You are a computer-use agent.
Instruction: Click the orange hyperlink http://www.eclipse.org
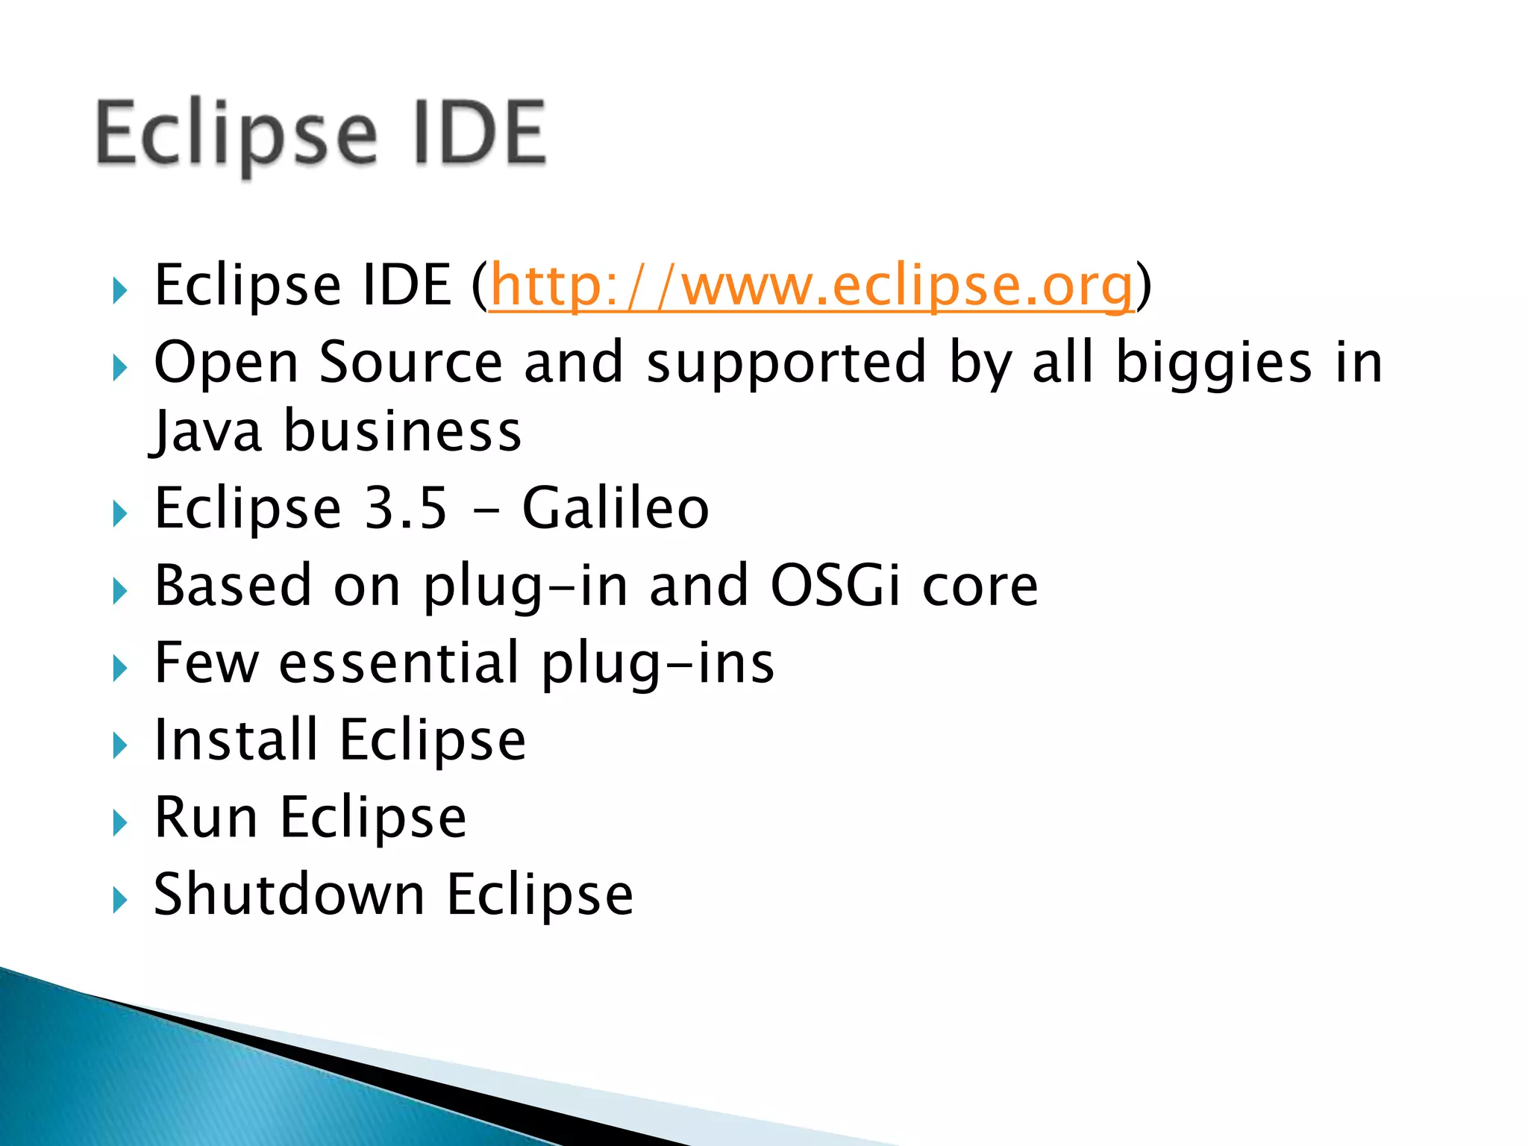(x=811, y=286)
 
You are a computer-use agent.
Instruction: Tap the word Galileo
(x=616, y=508)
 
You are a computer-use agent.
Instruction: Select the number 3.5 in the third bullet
(x=406, y=508)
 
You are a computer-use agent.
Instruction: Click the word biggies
(x=1213, y=363)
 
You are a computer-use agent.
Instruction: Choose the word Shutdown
(x=289, y=895)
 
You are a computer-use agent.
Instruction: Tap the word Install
(x=236, y=740)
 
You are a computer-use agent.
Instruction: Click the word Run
(x=206, y=818)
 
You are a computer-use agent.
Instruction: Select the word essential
(x=398, y=663)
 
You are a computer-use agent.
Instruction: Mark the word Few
(x=206, y=663)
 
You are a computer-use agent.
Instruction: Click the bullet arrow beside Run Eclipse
(x=119, y=824)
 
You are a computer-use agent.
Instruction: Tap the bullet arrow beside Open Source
(x=119, y=368)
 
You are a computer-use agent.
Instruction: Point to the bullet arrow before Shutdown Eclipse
(x=119, y=901)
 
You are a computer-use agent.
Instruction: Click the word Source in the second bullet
(x=411, y=363)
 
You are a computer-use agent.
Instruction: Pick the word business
(x=402, y=433)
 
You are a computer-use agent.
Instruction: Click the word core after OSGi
(x=980, y=586)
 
